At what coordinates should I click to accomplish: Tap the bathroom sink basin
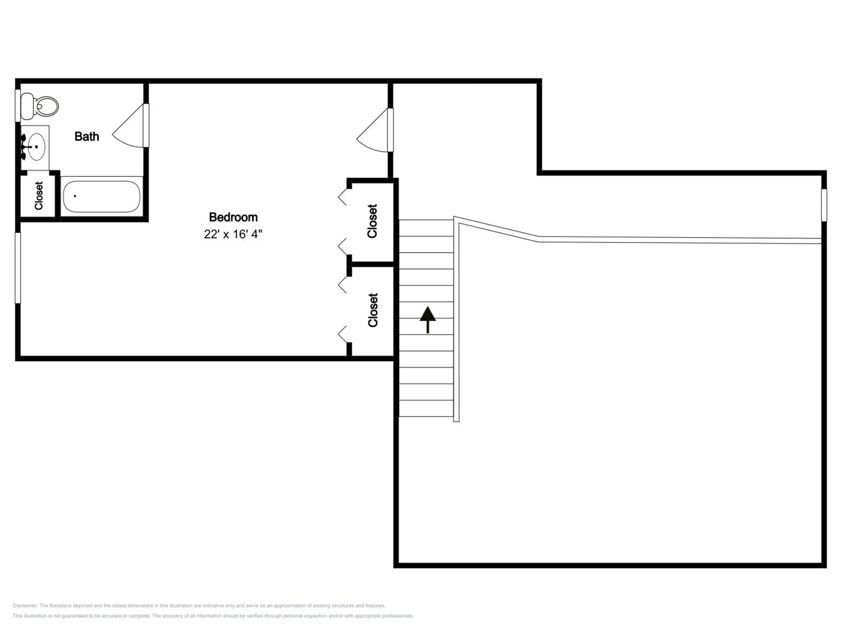click(36, 146)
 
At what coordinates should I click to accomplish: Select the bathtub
click(101, 196)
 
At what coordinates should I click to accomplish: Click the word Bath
click(87, 137)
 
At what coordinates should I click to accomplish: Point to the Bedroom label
click(233, 217)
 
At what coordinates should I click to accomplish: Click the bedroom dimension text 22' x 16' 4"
click(233, 234)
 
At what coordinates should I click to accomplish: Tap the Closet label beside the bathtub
click(39, 195)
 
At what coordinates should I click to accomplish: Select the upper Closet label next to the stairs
click(372, 221)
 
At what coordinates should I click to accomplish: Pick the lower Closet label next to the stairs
click(373, 310)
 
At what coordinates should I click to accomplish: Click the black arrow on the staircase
click(428, 319)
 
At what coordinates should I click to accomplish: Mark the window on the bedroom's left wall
click(17, 268)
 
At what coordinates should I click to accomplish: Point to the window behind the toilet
click(17, 105)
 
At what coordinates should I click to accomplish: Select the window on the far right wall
click(824, 205)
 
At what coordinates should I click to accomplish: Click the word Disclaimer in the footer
click(25, 605)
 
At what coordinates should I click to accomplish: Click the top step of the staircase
click(426, 228)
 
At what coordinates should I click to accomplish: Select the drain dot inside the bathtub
click(75, 196)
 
